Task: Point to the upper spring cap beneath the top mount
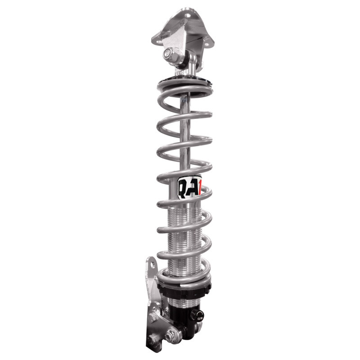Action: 184,83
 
